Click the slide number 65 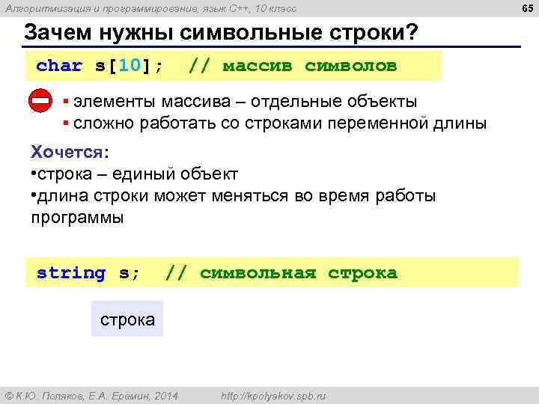coord(528,8)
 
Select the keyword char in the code coord(59,66)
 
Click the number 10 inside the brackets coord(130,66)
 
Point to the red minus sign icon coord(40,101)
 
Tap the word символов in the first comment coord(350,66)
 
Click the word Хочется coord(67,152)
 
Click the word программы coord(77,218)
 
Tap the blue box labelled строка coord(127,319)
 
